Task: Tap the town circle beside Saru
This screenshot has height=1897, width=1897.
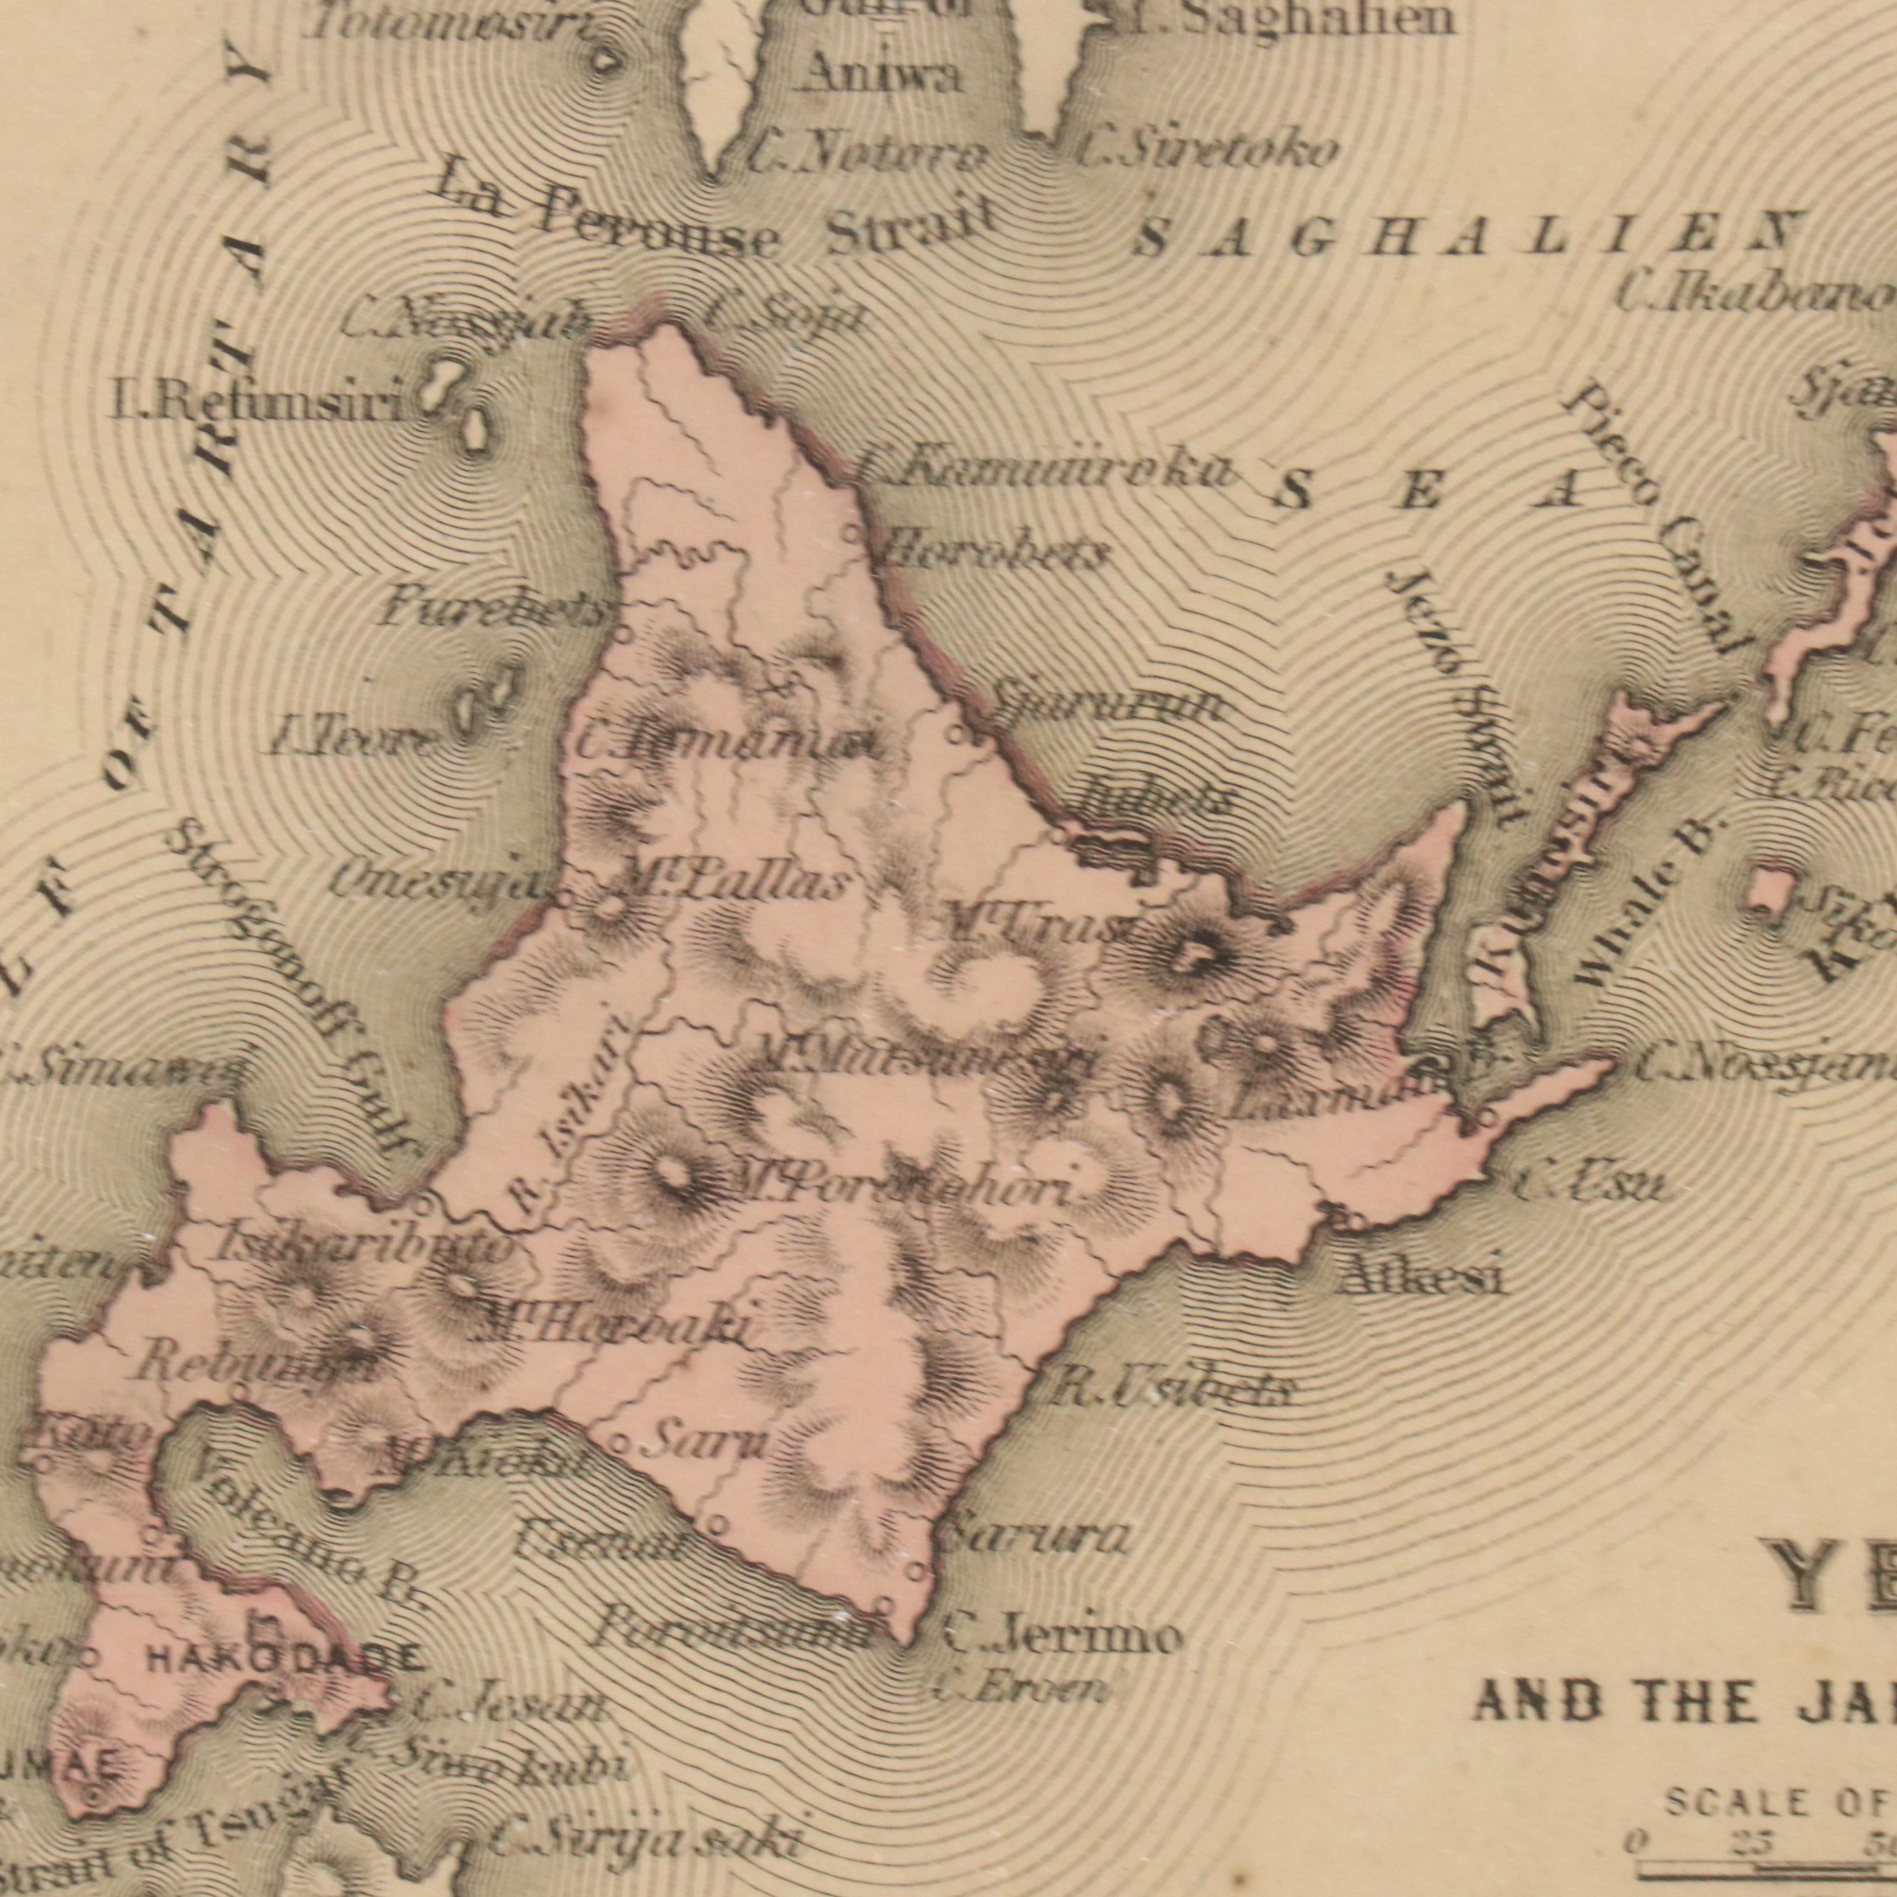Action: coord(619,1444)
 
